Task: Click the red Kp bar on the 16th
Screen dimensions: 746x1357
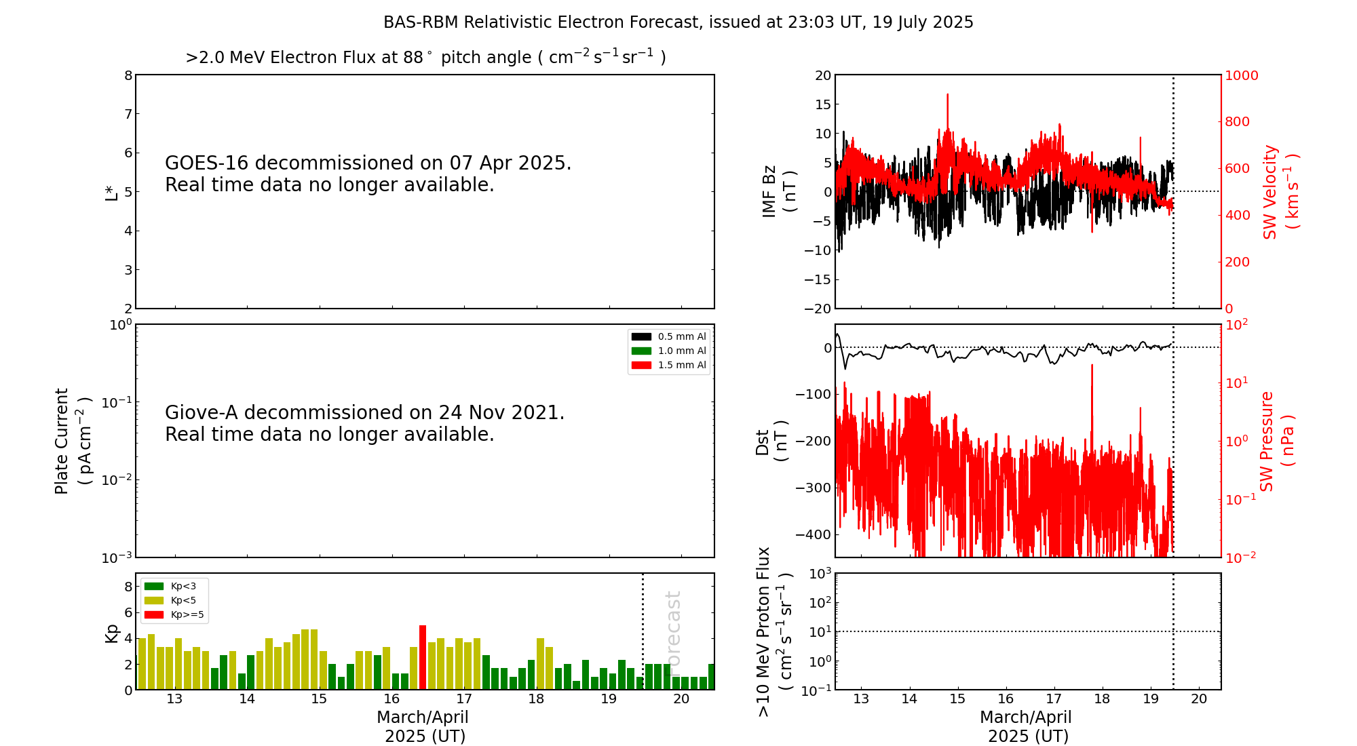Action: click(x=423, y=657)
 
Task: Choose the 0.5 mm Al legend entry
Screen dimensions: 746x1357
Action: click(x=669, y=336)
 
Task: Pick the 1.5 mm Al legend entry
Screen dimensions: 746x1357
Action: click(x=669, y=365)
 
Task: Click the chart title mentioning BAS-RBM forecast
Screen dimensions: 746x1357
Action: click(x=678, y=22)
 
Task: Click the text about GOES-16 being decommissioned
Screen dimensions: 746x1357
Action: click(x=368, y=174)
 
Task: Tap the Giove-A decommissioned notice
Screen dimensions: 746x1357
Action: click(x=364, y=423)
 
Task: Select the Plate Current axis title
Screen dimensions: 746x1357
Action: click(x=72, y=441)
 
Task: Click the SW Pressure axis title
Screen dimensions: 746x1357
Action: click(x=1276, y=441)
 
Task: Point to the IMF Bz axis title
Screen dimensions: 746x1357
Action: click(x=779, y=191)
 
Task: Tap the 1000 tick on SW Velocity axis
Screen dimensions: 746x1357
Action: click(x=1241, y=75)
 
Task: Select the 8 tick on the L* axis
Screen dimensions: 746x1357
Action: click(x=128, y=75)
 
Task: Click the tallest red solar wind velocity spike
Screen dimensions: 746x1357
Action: click(x=947, y=96)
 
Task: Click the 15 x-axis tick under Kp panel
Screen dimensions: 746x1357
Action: click(x=319, y=699)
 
